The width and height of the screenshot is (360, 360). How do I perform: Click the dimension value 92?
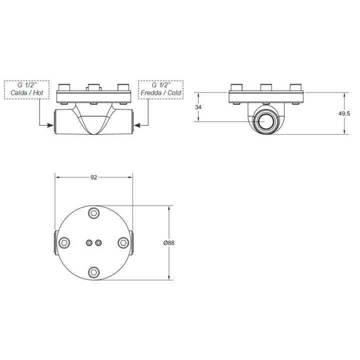(x=93, y=177)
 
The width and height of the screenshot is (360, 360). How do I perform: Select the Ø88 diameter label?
(x=169, y=242)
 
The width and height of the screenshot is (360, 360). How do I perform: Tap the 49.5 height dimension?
(x=344, y=113)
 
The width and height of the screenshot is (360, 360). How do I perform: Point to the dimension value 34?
(x=198, y=107)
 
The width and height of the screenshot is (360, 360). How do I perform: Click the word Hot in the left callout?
(x=38, y=93)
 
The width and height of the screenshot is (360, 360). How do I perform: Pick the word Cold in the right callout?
(x=174, y=93)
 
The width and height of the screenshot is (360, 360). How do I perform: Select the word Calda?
(x=19, y=93)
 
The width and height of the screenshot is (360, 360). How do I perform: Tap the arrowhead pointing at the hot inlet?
(x=50, y=125)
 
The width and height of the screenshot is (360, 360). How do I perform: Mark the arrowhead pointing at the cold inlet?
(x=137, y=125)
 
